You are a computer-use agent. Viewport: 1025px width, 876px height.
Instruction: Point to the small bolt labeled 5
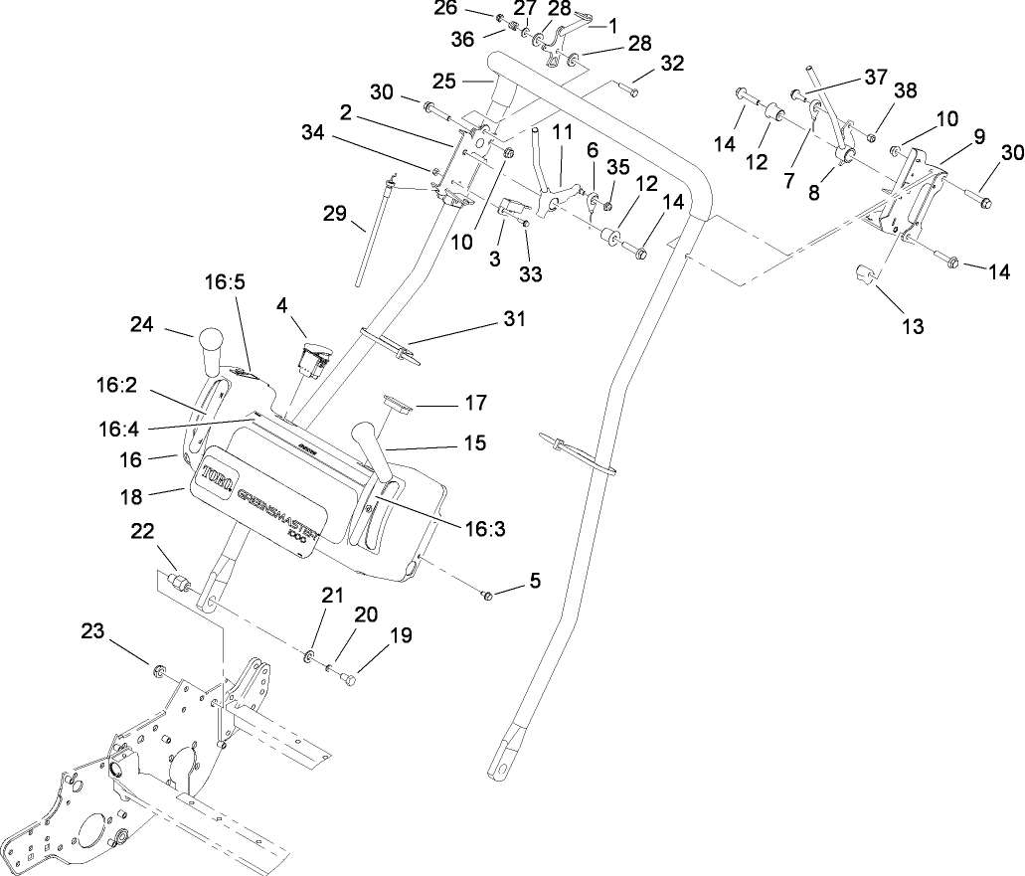487,595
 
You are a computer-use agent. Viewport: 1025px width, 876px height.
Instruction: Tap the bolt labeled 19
346,679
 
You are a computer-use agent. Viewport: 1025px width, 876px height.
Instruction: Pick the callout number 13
913,326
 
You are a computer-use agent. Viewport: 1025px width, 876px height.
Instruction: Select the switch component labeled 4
311,360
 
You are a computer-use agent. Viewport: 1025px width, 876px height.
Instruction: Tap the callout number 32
672,65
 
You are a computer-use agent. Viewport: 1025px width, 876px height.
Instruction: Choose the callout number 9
979,137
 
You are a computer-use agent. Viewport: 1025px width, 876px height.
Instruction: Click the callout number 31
514,319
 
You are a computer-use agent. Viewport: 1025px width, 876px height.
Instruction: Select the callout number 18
132,494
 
